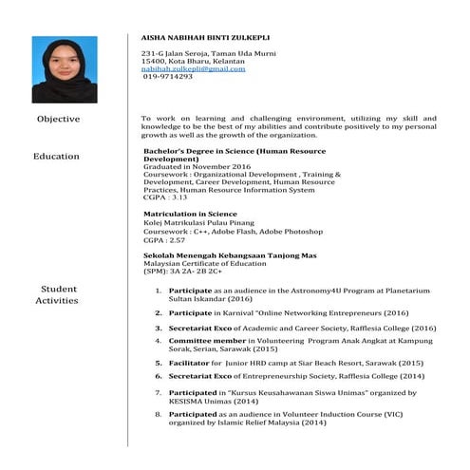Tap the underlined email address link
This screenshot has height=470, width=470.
pos(193,68)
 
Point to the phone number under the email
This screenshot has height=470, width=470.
pos(168,76)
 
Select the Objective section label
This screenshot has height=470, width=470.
pos(58,119)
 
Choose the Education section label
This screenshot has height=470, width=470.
pos(56,156)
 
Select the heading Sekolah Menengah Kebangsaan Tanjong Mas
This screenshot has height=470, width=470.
pos(229,255)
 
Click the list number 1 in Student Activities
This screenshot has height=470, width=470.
pos(159,290)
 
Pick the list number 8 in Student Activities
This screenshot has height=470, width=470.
pos(159,414)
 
